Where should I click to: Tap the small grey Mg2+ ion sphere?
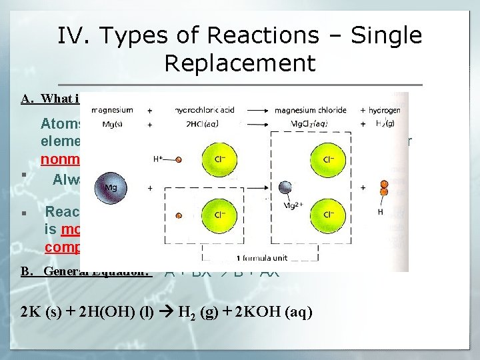[285, 189]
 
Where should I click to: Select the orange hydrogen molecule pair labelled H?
[382, 188]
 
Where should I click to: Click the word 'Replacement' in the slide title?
[239, 63]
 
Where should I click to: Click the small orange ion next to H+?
[179, 160]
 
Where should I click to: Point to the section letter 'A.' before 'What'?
[28, 99]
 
